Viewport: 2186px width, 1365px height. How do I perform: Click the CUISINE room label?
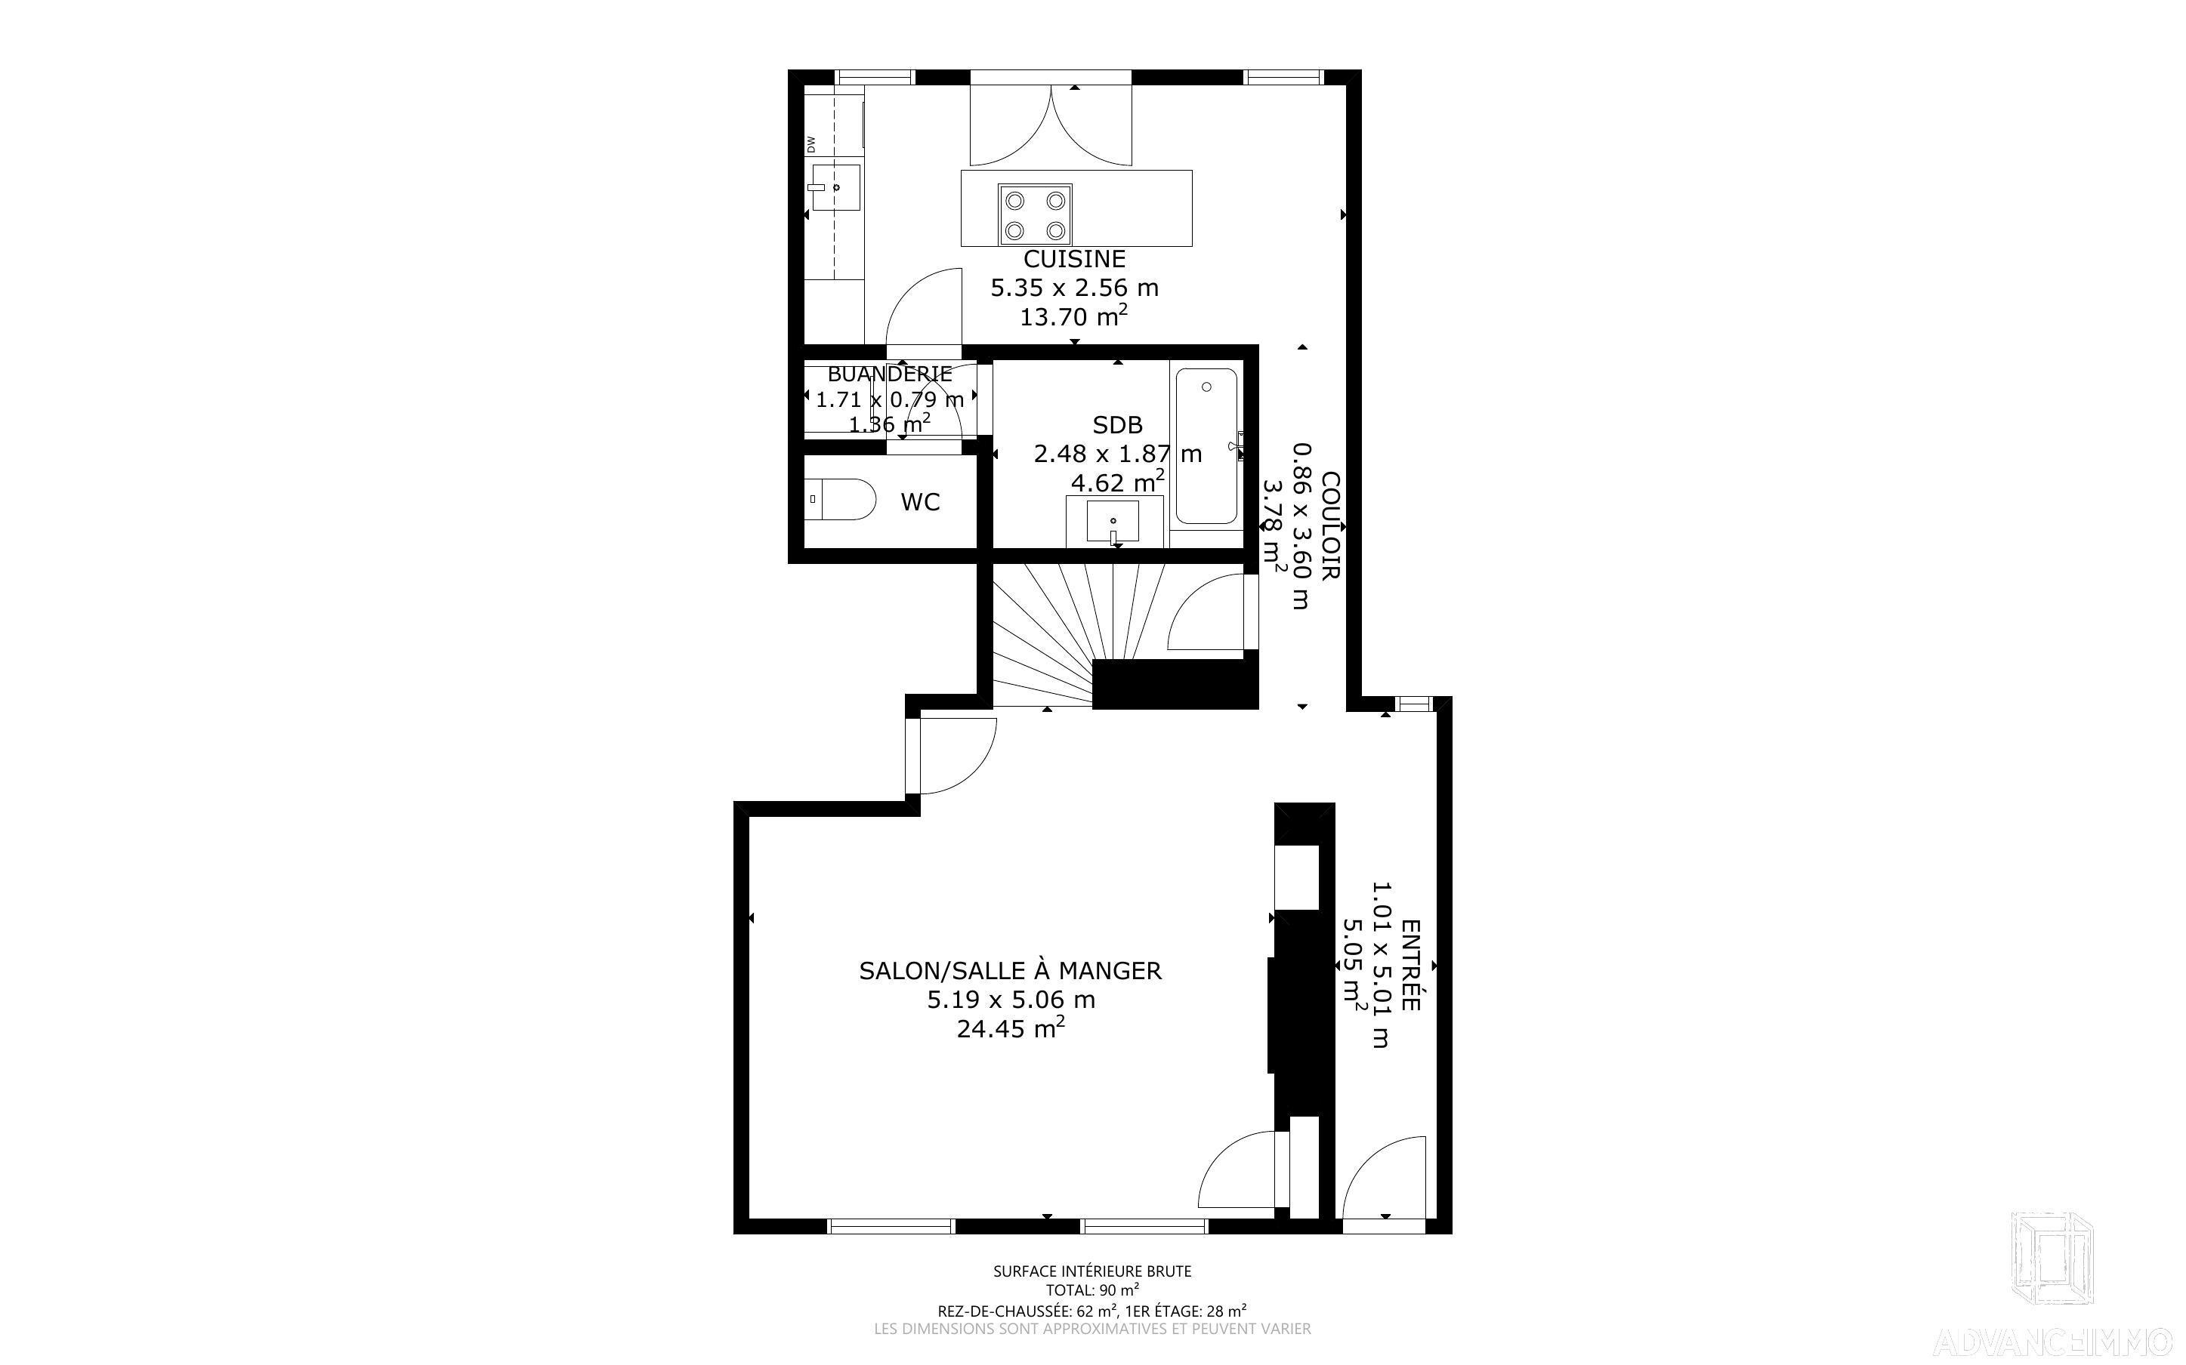[1074, 259]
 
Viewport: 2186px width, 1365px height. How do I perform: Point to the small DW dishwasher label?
[810, 144]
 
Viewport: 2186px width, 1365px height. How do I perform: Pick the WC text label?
[920, 502]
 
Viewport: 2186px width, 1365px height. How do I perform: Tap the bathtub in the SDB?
[1206, 446]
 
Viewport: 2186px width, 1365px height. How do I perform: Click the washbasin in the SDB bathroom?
[1113, 522]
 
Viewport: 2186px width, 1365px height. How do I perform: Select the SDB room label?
[1117, 424]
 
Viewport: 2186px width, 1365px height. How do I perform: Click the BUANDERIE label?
[889, 374]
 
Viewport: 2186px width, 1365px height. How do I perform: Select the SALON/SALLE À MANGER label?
[1011, 970]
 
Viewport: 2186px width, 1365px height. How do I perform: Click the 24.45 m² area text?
[1011, 1028]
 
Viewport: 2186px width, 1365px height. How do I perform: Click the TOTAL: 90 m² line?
[1092, 1290]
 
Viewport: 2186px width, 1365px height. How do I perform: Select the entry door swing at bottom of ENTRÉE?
[1385, 1177]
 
